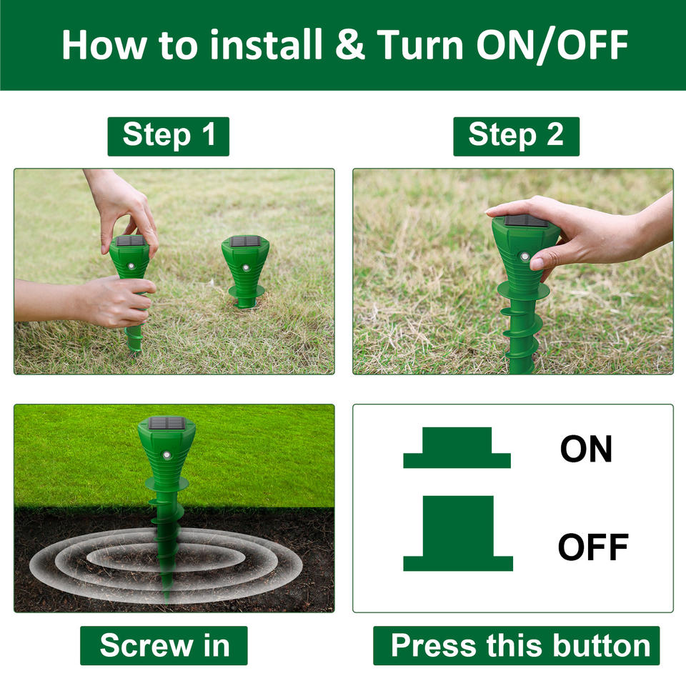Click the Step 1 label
[169, 136]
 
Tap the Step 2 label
[516, 136]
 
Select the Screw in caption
[164, 645]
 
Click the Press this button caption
[516, 645]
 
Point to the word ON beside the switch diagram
[586, 449]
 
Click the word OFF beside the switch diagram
[593, 547]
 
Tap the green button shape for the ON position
[457, 447]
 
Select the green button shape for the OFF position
[457, 533]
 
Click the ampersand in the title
[350, 44]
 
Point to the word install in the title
[266, 44]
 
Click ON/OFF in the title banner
[552, 44]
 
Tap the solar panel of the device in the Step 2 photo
[526, 221]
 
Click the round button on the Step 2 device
[524, 257]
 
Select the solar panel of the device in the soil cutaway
[166, 423]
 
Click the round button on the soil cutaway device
[166, 455]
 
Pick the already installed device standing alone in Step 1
[244, 272]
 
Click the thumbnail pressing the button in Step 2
[537, 264]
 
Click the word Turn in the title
[420, 44]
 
